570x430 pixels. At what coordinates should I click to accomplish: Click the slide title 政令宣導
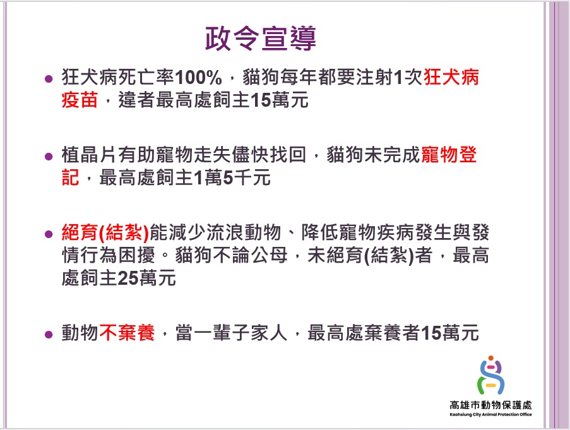(260, 38)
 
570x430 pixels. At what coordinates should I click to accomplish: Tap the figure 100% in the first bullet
(198, 77)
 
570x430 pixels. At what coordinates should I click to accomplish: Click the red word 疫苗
(80, 100)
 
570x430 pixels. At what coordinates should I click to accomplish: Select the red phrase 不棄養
(127, 333)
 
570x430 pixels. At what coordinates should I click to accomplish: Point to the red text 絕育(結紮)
(105, 232)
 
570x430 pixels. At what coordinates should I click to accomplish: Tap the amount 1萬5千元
(232, 177)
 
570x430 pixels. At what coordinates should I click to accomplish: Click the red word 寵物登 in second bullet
(449, 155)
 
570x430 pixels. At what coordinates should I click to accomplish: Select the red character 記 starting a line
(71, 177)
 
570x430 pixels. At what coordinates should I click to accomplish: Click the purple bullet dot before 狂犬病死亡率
(49, 78)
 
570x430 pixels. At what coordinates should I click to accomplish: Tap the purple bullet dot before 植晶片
(49, 157)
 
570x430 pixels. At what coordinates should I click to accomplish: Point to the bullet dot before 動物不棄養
(49, 334)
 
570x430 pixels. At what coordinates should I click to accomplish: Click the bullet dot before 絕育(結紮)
(49, 234)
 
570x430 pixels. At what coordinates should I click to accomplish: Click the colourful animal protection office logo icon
(490, 376)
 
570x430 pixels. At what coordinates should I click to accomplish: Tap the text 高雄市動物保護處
(490, 405)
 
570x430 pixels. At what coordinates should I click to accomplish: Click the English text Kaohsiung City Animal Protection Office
(490, 414)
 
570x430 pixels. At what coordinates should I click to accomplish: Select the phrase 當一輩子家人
(231, 333)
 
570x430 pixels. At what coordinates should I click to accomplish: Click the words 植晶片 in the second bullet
(90, 155)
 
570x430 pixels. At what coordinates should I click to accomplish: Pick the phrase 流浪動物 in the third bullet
(244, 232)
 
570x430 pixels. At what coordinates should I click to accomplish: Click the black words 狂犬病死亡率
(118, 77)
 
